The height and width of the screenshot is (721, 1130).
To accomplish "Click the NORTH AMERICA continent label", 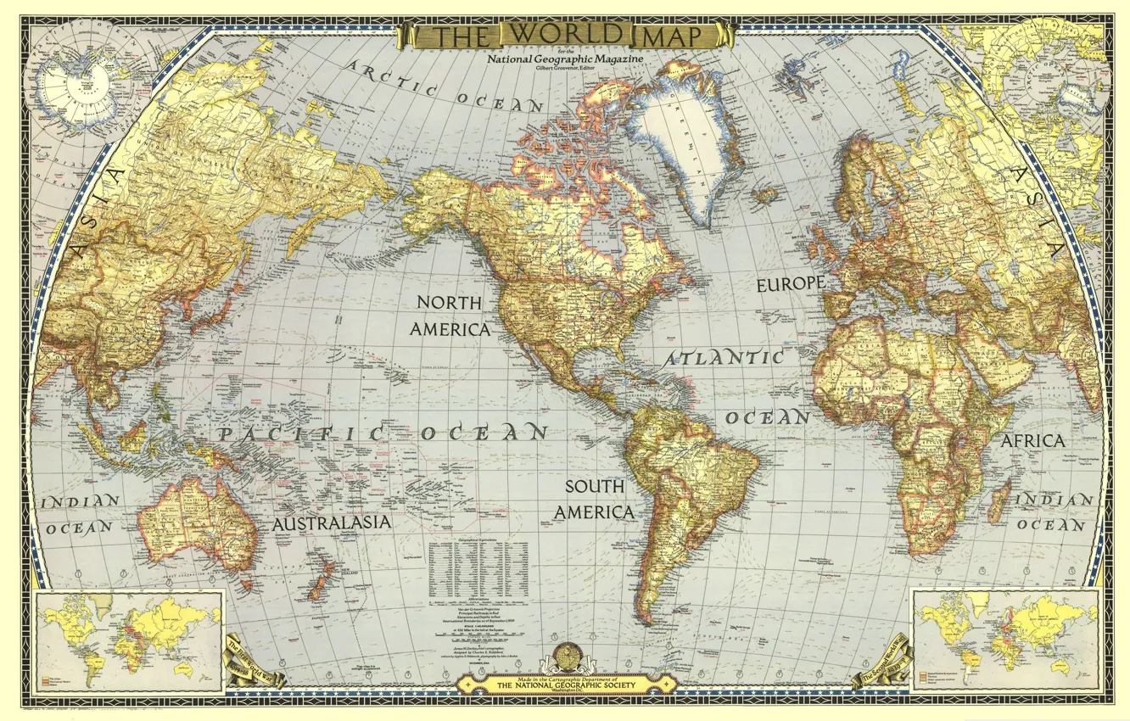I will [x=450, y=316].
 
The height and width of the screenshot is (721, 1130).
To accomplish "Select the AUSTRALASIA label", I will [x=332, y=523].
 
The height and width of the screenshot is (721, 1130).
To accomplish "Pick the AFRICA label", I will [x=1032, y=441].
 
